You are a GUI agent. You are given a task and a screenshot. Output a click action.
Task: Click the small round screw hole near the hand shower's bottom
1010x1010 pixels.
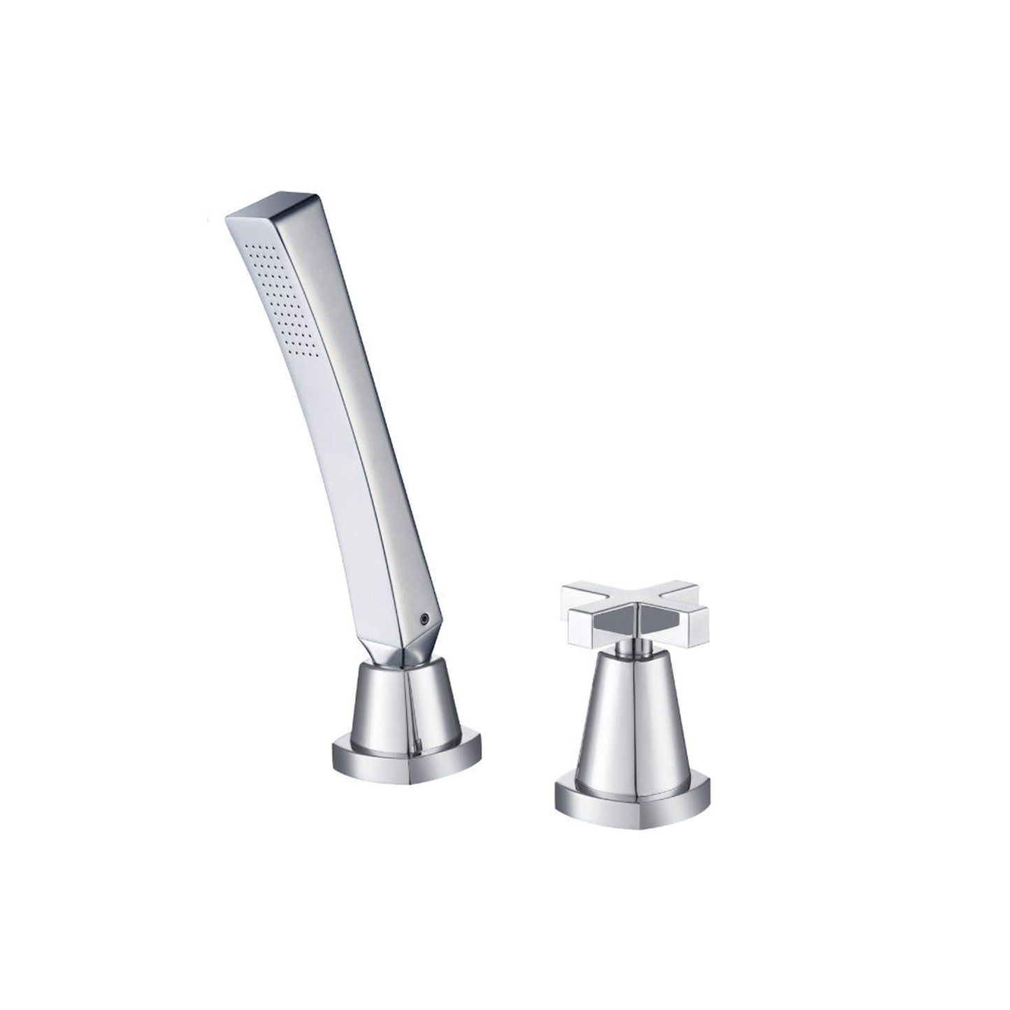click(422, 619)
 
